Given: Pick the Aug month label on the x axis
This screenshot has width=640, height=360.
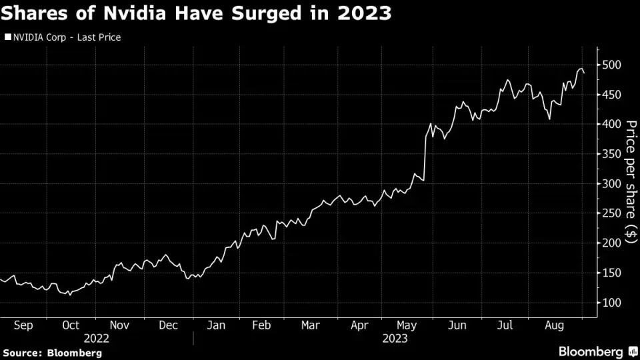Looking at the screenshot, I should (x=555, y=325).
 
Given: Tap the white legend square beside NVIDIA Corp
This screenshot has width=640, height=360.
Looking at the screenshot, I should (x=8, y=37).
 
